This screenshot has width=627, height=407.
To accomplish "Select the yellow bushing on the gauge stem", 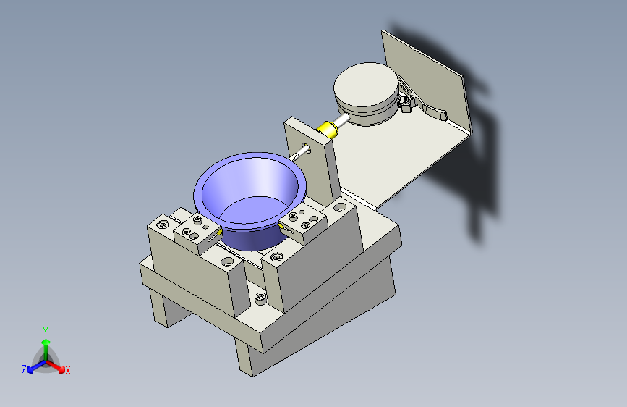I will [329, 130].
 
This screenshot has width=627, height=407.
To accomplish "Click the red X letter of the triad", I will [68, 370].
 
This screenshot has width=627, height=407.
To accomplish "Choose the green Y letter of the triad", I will [45, 330].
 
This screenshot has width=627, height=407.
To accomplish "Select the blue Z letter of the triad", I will [24, 369].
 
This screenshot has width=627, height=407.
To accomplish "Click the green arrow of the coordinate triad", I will [46, 343].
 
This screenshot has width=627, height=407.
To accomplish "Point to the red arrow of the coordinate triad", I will [58, 364].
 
